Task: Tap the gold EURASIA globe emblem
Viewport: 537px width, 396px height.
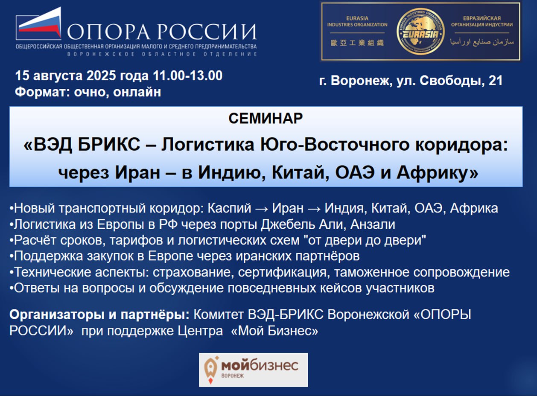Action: (x=420, y=31)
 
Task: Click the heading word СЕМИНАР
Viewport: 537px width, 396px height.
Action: (x=266, y=118)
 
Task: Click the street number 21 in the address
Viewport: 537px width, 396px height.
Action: (x=495, y=81)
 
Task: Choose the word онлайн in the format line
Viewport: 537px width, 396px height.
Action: (x=137, y=92)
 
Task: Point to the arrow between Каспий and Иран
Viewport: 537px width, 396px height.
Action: (x=255, y=209)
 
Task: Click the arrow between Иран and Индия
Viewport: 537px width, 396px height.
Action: (x=314, y=209)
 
